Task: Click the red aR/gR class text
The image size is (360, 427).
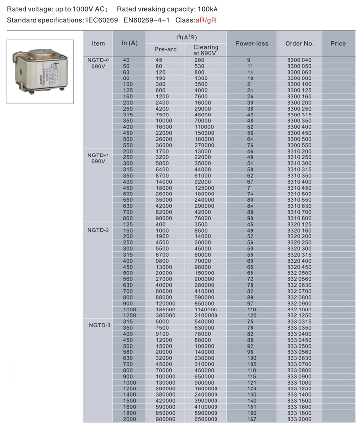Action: (206, 20)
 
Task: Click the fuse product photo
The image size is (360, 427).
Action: (40, 72)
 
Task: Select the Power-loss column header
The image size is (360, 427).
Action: (252, 44)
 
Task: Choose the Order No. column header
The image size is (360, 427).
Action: (299, 44)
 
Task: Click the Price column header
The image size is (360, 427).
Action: (338, 44)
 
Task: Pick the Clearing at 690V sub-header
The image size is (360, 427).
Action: (206, 50)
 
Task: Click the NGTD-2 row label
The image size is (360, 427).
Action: (98, 230)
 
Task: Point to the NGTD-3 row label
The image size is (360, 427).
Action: (100, 325)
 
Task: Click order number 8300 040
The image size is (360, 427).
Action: (299, 60)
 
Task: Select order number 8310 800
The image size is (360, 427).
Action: (299, 218)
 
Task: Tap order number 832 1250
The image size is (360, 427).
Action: (299, 315)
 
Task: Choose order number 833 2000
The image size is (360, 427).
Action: (299, 419)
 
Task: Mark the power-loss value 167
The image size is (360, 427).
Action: (252, 419)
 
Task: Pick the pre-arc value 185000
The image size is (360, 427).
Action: (165, 309)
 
